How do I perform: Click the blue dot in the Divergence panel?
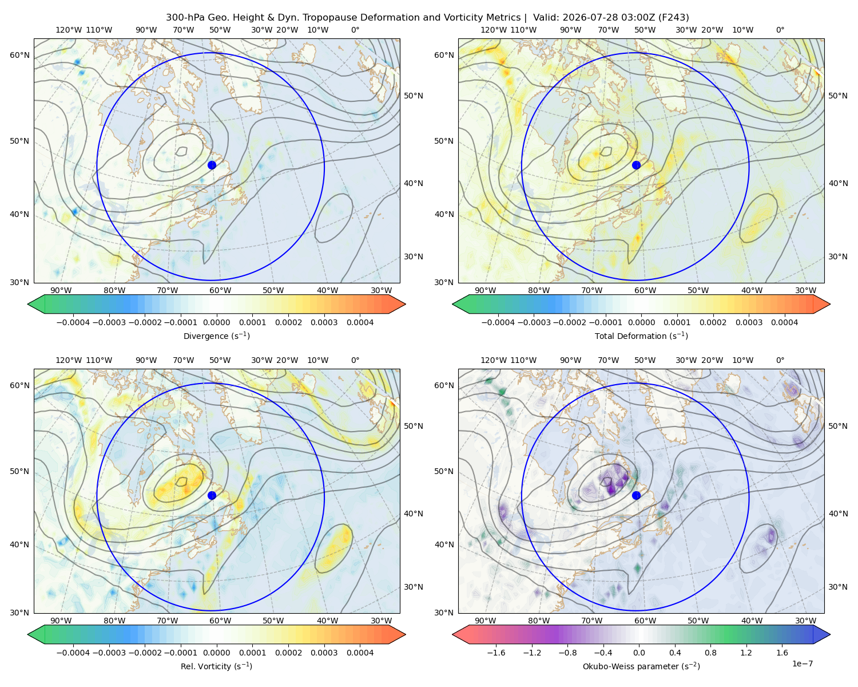coord(212,165)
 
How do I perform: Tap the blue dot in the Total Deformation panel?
coord(636,165)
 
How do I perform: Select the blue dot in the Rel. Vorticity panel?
coord(212,495)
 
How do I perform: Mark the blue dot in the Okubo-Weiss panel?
coord(636,495)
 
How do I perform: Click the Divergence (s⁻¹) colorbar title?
coord(216,335)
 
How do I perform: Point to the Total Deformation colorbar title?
coord(641,335)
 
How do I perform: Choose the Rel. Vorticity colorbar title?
coord(216,666)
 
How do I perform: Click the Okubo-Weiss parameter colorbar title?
coord(641,666)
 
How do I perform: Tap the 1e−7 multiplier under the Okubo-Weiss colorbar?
coord(802,664)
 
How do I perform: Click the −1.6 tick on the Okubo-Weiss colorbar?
coord(496,652)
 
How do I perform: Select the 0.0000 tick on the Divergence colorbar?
coord(216,322)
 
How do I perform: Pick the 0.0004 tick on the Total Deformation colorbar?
coord(784,322)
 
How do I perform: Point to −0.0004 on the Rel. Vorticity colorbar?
coord(73,652)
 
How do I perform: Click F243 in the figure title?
coord(673,18)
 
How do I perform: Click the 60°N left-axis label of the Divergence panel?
coord(19,55)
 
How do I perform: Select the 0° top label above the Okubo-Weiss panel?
coord(780,360)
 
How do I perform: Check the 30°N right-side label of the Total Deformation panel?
coord(837,256)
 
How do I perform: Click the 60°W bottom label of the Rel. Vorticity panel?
coord(220,621)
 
